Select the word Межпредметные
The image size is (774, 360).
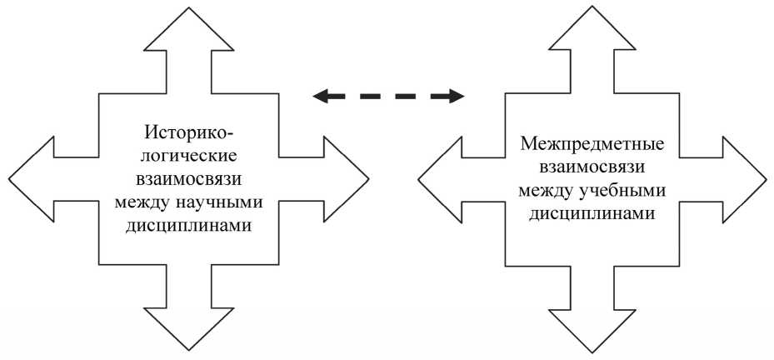tap(592, 144)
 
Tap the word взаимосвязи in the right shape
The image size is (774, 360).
tap(592, 167)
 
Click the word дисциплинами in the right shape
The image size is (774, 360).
tap(592, 214)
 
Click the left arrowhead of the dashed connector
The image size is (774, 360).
tap(322, 97)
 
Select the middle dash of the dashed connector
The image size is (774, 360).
tap(388, 97)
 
